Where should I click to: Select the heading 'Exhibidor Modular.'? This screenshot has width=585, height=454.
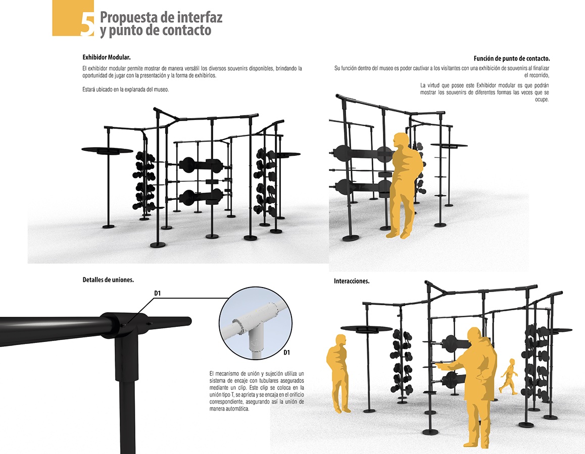coord(106,57)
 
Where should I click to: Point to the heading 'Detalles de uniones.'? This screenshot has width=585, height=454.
coord(108,279)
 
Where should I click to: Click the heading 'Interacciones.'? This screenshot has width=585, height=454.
coord(352,281)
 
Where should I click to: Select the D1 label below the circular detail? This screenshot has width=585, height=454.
coord(286,352)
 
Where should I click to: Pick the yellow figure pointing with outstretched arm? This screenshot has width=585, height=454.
coord(473,383)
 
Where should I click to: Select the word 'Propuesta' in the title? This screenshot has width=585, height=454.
coord(127,17)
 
